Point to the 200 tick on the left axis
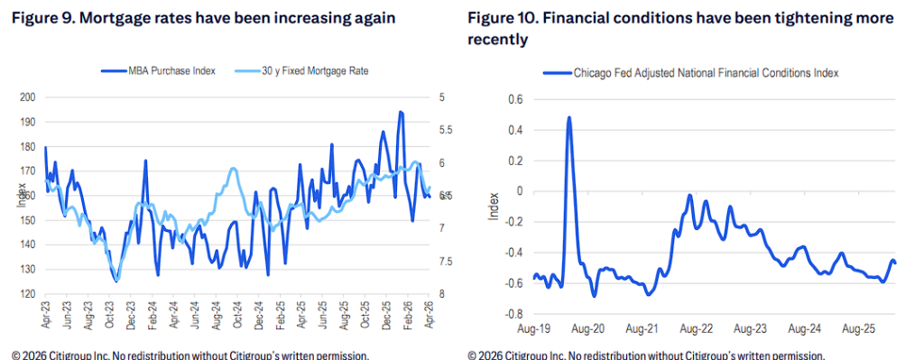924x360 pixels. pyautogui.click(x=28, y=97)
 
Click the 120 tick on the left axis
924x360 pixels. pyautogui.click(x=28, y=294)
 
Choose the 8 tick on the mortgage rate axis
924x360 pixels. pyautogui.click(x=441, y=294)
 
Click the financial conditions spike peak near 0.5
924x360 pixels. pyautogui.click(x=569, y=117)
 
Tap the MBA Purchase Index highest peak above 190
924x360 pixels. pyautogui.click(x=401, y=113)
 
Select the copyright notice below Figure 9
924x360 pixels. pyautogui.click(x=190, y=355)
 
